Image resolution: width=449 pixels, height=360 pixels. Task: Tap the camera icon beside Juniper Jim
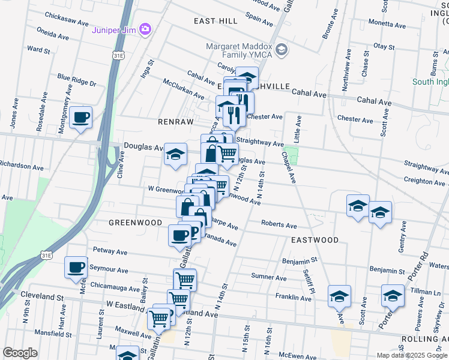click(x=145, y=29)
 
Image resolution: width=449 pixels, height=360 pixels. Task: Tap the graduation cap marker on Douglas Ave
click(x=175, y=155)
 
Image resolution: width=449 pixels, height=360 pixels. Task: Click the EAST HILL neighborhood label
click(x=215, y=21)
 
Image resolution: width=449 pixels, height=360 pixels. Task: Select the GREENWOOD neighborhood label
click(x=135, y=223)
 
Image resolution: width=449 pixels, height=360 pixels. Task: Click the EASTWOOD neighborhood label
click(x=315, y=240)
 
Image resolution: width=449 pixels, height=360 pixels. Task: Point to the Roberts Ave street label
click(x=279, y=226)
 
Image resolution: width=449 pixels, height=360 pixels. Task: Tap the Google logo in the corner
click(x=20, y=353)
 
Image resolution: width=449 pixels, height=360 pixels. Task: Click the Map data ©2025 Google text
click(x=411, y=355)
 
